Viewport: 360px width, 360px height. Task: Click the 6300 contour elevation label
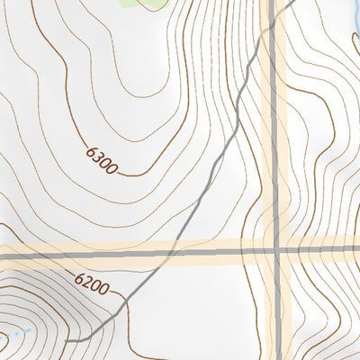tap(102, 158)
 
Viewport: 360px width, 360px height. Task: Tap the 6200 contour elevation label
tap(92, 285)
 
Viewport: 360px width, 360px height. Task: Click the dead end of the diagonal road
tap(68, 340)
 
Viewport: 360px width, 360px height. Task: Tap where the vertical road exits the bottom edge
tap(276, 358)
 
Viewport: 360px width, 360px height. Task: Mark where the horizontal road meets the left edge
tap(2, 256)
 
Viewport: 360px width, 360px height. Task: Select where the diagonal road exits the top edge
tap(295, 2)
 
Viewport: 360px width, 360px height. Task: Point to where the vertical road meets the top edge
tap(272, 2)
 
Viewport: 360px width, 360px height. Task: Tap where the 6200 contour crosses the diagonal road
tap(129, 301)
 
